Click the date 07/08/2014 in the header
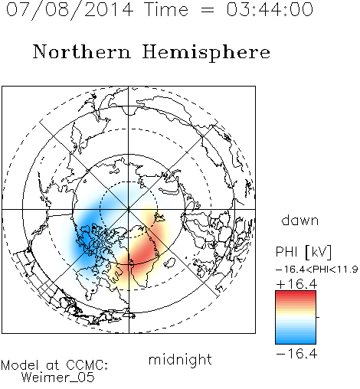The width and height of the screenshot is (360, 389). pos(70,10)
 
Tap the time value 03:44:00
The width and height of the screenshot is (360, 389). pos(270,9)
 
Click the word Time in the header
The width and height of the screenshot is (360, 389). pos(166,9)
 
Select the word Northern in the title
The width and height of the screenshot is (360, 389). pos(82,51)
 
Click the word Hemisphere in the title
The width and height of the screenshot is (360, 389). pos(206,53)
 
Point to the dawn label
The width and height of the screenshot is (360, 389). pos(299,220)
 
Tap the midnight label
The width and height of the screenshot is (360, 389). pos(180,360)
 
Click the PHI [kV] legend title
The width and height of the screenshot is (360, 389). pos(303,252)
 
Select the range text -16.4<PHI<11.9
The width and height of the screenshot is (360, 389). pos(316,270)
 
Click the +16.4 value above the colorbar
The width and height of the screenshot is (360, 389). pos(296,284)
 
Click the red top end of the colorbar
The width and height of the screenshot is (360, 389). pos(296,293)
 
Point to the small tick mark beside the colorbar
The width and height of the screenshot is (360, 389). pos(318,317)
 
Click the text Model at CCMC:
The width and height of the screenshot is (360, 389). pos(54,365)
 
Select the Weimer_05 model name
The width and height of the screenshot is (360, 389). pos(58,378)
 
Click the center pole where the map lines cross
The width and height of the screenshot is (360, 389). pos(129,209)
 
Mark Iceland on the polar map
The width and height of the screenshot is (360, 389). pos(169,263)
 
